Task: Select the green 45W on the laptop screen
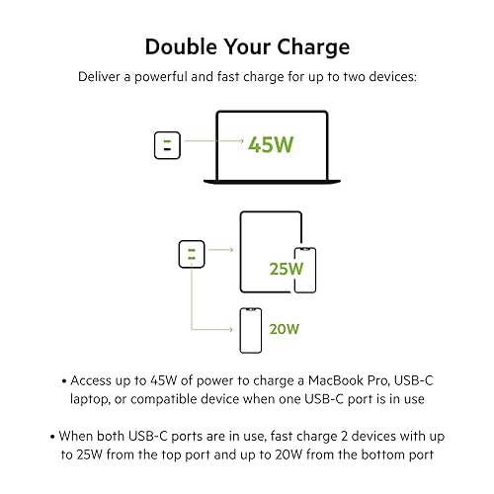[272, 145]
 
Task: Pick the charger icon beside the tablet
[188, 255]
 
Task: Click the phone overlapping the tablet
[306, 270]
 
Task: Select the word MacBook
[342, 378]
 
